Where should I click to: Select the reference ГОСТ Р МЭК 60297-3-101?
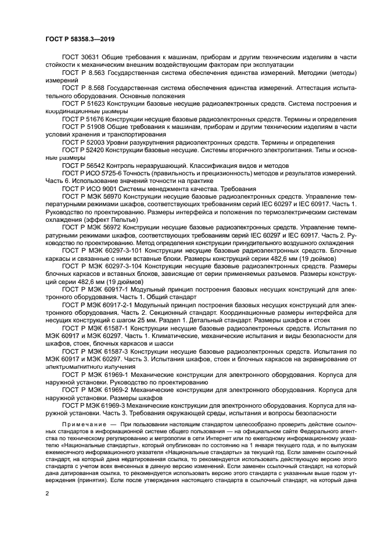coord(102,250)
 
